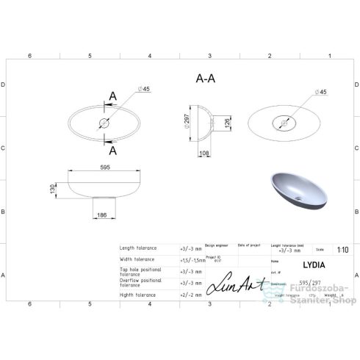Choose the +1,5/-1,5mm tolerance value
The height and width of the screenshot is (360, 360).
pyautogui.click(x=192, y=259)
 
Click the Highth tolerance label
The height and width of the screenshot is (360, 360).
pyautogui.click(x=140, y=295)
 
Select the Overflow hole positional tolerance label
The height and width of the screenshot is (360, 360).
pyautogui.click(x=140, y=283)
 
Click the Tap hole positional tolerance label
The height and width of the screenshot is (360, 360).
pyautogui.click(x=140, y=271)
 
